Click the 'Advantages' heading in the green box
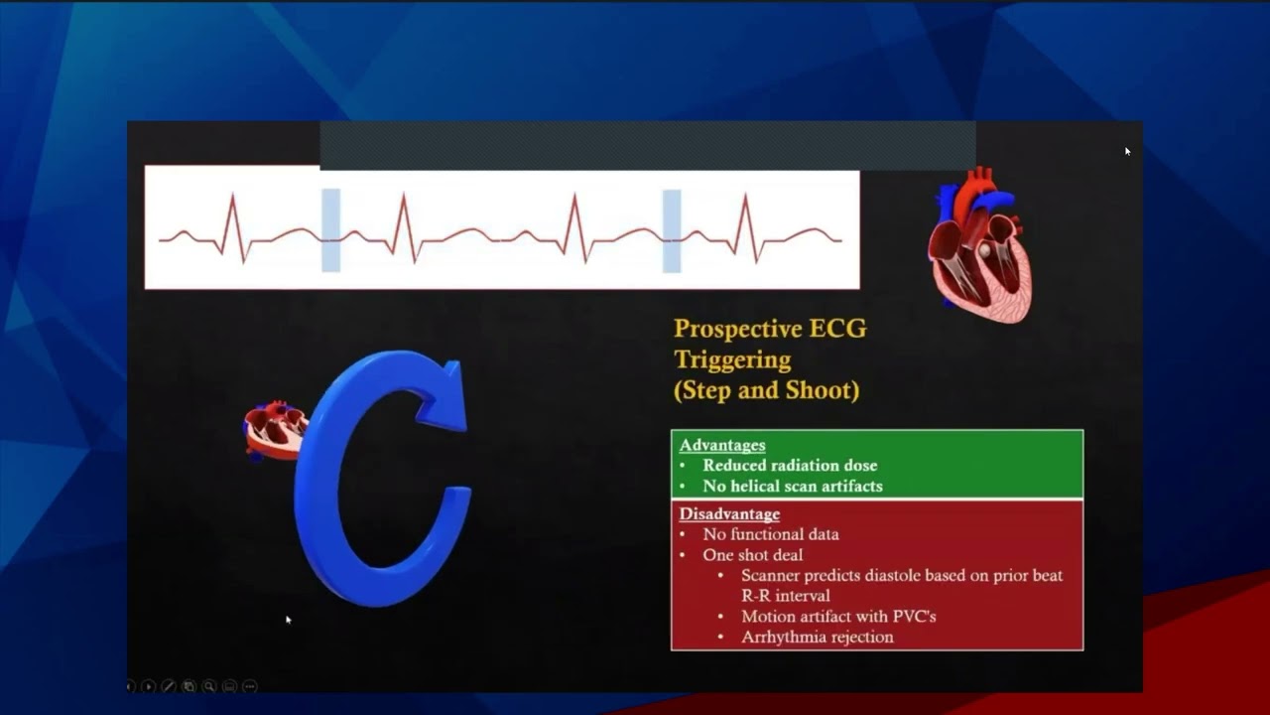coord(721,445)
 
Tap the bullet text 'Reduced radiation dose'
coord(790,465)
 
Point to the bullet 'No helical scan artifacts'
coord(792,486)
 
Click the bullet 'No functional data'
coord(771,534)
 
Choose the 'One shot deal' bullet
coord(753,555)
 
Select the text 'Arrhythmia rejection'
coord(817,637)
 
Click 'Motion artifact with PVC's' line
coord(838,617)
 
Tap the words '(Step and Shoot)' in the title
coord(766,390)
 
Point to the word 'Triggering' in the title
coord(732,359)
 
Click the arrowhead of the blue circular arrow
coord(444,396)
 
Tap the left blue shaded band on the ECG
coord(330,230)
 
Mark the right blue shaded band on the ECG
coord(672,230)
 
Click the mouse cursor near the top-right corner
coord(1127,151)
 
